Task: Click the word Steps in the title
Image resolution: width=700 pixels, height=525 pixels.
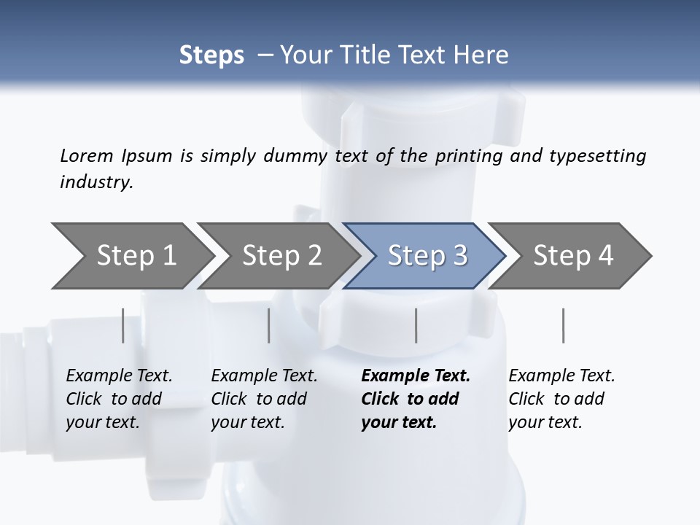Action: (211, 55)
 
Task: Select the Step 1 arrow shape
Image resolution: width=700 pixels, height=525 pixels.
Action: (135, 256)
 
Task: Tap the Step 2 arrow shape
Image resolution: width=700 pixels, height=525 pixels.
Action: (281, 256)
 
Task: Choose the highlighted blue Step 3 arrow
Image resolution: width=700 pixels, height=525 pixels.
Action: (427, 256)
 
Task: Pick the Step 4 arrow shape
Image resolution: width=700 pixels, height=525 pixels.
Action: (572, 256)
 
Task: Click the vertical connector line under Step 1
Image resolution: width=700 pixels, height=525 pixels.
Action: (123, 325)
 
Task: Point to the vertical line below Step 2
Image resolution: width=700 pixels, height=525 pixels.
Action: (269, 325)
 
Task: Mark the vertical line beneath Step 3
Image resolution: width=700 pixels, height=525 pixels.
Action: (416, 325)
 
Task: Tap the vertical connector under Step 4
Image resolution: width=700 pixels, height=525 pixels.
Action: (563, 325)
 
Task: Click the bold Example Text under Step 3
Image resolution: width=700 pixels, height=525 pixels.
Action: (416, 376)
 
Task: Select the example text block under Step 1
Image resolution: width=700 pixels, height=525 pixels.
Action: (119, 399)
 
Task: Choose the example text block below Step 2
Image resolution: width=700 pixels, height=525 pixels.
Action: (264, 399)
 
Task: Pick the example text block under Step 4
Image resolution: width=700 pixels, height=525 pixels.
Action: (561, 399)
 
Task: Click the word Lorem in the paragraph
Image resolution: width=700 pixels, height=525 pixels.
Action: (87, 156)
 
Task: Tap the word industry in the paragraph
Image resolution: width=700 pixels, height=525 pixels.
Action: (96, 182)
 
